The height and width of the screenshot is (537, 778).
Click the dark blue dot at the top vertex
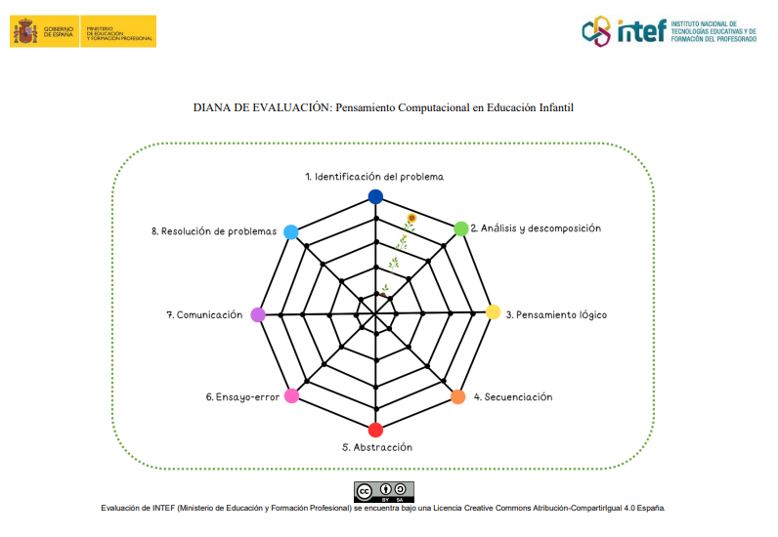[375, 196]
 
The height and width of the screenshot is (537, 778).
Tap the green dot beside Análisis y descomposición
[460, 228]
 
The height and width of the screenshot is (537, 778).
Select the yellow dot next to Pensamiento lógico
[494, 313]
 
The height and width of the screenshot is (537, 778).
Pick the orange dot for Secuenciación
[458, 397]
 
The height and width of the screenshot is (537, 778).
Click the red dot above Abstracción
[375, 430]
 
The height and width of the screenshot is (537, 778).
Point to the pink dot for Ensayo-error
[290, 395]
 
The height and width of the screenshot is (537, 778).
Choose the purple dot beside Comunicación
[258, 314]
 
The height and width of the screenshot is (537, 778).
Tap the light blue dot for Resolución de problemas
[290, 231]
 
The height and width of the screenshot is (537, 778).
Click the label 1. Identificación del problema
[374, 177]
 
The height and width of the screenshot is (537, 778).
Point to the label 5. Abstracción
[377, 447]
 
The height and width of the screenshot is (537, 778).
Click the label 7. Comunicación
[204, 315]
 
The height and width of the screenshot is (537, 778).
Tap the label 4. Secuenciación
[513, 397]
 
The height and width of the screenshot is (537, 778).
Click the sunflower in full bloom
[412, 219]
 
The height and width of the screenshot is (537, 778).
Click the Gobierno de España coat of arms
[24, 31]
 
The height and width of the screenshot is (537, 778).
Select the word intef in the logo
[641, 31]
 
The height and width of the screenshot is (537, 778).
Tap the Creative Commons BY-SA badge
[384, 491]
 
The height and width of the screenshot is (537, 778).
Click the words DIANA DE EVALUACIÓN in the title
[262, 107]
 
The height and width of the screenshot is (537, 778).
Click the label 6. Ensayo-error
[242, 397]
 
